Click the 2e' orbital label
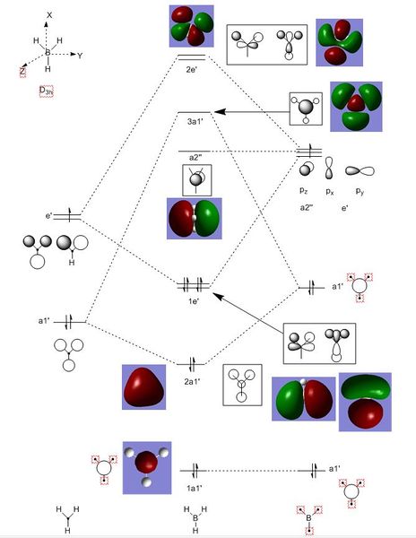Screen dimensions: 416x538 click(191, 69)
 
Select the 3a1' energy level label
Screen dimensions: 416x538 click(195, 121)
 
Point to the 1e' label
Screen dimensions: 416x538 click(194, 301)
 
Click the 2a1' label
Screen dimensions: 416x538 click(192, 381)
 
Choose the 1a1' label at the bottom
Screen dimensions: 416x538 click(194, 488)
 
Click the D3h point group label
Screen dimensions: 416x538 click(46, 91)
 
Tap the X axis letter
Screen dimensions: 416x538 click(49, 14)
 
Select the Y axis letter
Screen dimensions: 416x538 click(80, 56)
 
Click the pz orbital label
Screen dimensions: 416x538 click(304, 190)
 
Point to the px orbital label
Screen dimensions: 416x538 click(330, 191)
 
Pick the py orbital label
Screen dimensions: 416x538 click(360, 191)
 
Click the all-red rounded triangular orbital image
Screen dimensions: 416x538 click(144, 387)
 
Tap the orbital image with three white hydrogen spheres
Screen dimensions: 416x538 click(147, 468)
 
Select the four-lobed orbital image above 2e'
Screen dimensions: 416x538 click(192, 26)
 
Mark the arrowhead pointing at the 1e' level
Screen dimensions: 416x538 click(218, 296)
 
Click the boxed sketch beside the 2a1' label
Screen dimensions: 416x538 click(242, 385)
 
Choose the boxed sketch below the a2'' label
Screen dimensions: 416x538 click(197, 180)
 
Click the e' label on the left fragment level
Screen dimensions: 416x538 click(48, 216)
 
